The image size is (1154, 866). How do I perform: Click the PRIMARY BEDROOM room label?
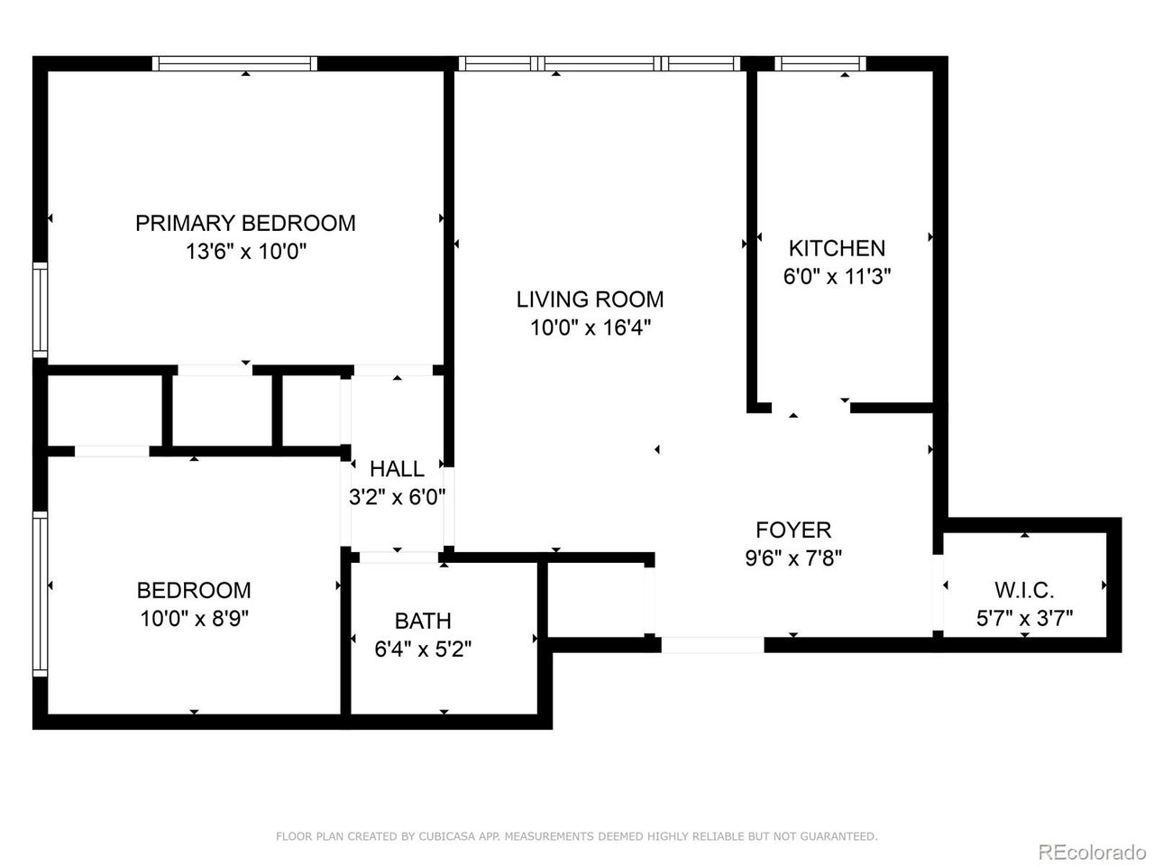click(x=245, y=223)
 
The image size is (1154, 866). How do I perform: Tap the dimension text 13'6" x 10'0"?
click(x=245, y=252)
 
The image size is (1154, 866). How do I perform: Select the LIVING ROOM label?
click(x=590, y=299)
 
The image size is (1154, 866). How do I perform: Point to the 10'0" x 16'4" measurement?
click(x=590, y=327)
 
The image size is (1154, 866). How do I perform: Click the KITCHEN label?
click(x=837, y=248)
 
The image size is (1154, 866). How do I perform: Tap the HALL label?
click(x=397, y=468)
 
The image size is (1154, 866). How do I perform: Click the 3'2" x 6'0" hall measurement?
click(x=397, y=496)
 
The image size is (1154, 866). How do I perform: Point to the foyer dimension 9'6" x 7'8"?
click(x=793, y=558)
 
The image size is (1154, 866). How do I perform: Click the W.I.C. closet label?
click(x=1024, y=591)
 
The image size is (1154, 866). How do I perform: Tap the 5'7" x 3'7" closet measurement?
click(x=1024, y=619)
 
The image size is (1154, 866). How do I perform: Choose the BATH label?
click(x=423, y=621)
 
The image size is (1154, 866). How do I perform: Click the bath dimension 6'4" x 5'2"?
click(x=423, y=649)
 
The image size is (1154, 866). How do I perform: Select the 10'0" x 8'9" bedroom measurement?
click(x=193, y=619)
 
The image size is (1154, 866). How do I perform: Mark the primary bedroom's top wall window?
click(x=234, y=63)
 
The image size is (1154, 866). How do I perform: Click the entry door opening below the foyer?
click(x=712, y=645)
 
